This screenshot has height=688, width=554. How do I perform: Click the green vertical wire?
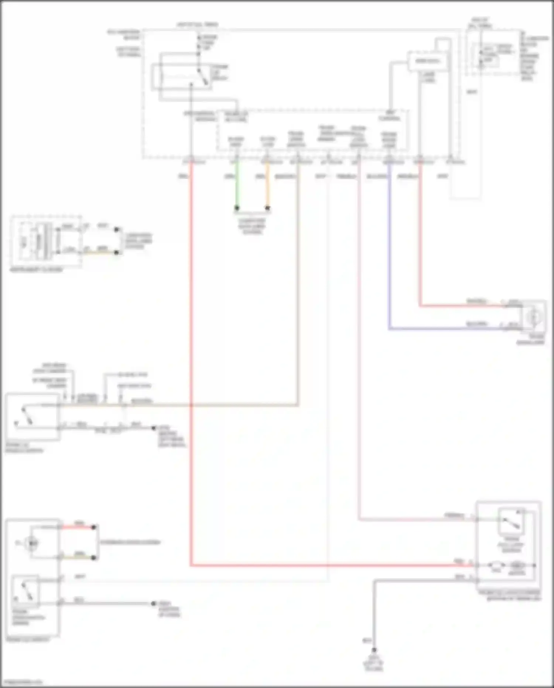point(237,185)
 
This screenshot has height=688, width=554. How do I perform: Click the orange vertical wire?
point(268,185)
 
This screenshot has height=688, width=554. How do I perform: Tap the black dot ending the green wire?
point(237,208)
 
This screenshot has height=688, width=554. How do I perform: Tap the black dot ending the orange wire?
point(268,208)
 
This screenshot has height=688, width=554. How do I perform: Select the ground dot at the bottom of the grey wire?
point(374,650)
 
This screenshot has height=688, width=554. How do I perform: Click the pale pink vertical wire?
point(359,333)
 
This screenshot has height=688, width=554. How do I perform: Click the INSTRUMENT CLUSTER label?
point(36,270)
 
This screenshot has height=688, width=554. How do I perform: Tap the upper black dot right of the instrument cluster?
point(117,230)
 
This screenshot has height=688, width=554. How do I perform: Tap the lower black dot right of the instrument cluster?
point(117,253)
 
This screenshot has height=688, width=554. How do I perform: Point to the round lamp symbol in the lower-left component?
point(33,543)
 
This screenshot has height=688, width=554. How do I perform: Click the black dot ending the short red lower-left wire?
point(94,527)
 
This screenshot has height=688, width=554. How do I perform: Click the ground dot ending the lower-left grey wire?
point(154,604)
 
